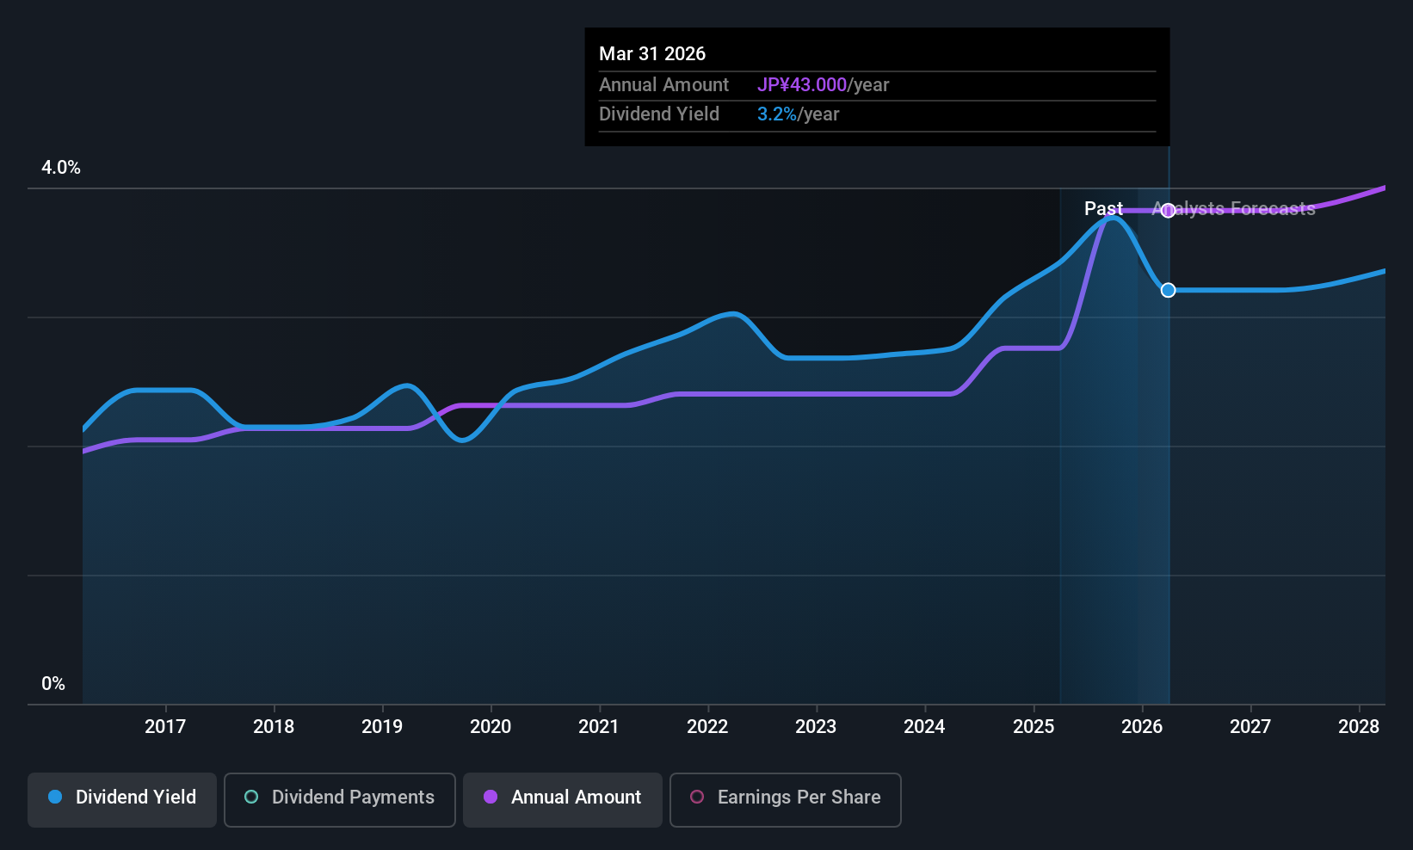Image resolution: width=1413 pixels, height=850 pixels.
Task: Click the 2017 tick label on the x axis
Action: tap(164, 726)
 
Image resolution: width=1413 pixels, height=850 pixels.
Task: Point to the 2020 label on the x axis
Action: tap(490, 726)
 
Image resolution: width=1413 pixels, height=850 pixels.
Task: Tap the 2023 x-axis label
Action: tap(815, 726)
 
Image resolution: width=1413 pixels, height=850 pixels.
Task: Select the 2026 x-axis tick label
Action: tap(1141, 726)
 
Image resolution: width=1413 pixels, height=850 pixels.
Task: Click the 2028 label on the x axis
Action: tap(1358, 726)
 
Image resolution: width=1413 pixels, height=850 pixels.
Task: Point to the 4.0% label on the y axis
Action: tap(61, 168)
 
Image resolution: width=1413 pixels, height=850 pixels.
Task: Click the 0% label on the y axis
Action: tap(53, 684)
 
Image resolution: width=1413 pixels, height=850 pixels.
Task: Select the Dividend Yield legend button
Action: tap(122, 798)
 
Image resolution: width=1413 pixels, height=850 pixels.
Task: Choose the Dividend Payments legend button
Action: tap(340, 798)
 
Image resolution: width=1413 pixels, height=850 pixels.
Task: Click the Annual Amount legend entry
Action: tap(563, 798)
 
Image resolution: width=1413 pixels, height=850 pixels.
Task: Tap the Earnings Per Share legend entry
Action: tap(785, 798)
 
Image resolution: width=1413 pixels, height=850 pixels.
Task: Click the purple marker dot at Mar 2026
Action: tap(1168, 211)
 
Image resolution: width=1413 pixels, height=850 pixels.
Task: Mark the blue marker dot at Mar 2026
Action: tap(1168, 290)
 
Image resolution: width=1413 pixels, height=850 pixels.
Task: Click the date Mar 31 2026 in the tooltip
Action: tap(652, 54)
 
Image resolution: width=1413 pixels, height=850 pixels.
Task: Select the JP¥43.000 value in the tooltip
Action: tap(801, 85)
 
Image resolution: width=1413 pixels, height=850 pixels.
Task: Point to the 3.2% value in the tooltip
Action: tap(776, 114)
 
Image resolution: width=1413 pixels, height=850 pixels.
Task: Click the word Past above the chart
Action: tap(1102, 209)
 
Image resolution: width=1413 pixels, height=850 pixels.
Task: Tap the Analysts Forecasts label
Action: tap(1234, 209)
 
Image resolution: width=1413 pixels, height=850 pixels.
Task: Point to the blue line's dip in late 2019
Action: tap(462, 440)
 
